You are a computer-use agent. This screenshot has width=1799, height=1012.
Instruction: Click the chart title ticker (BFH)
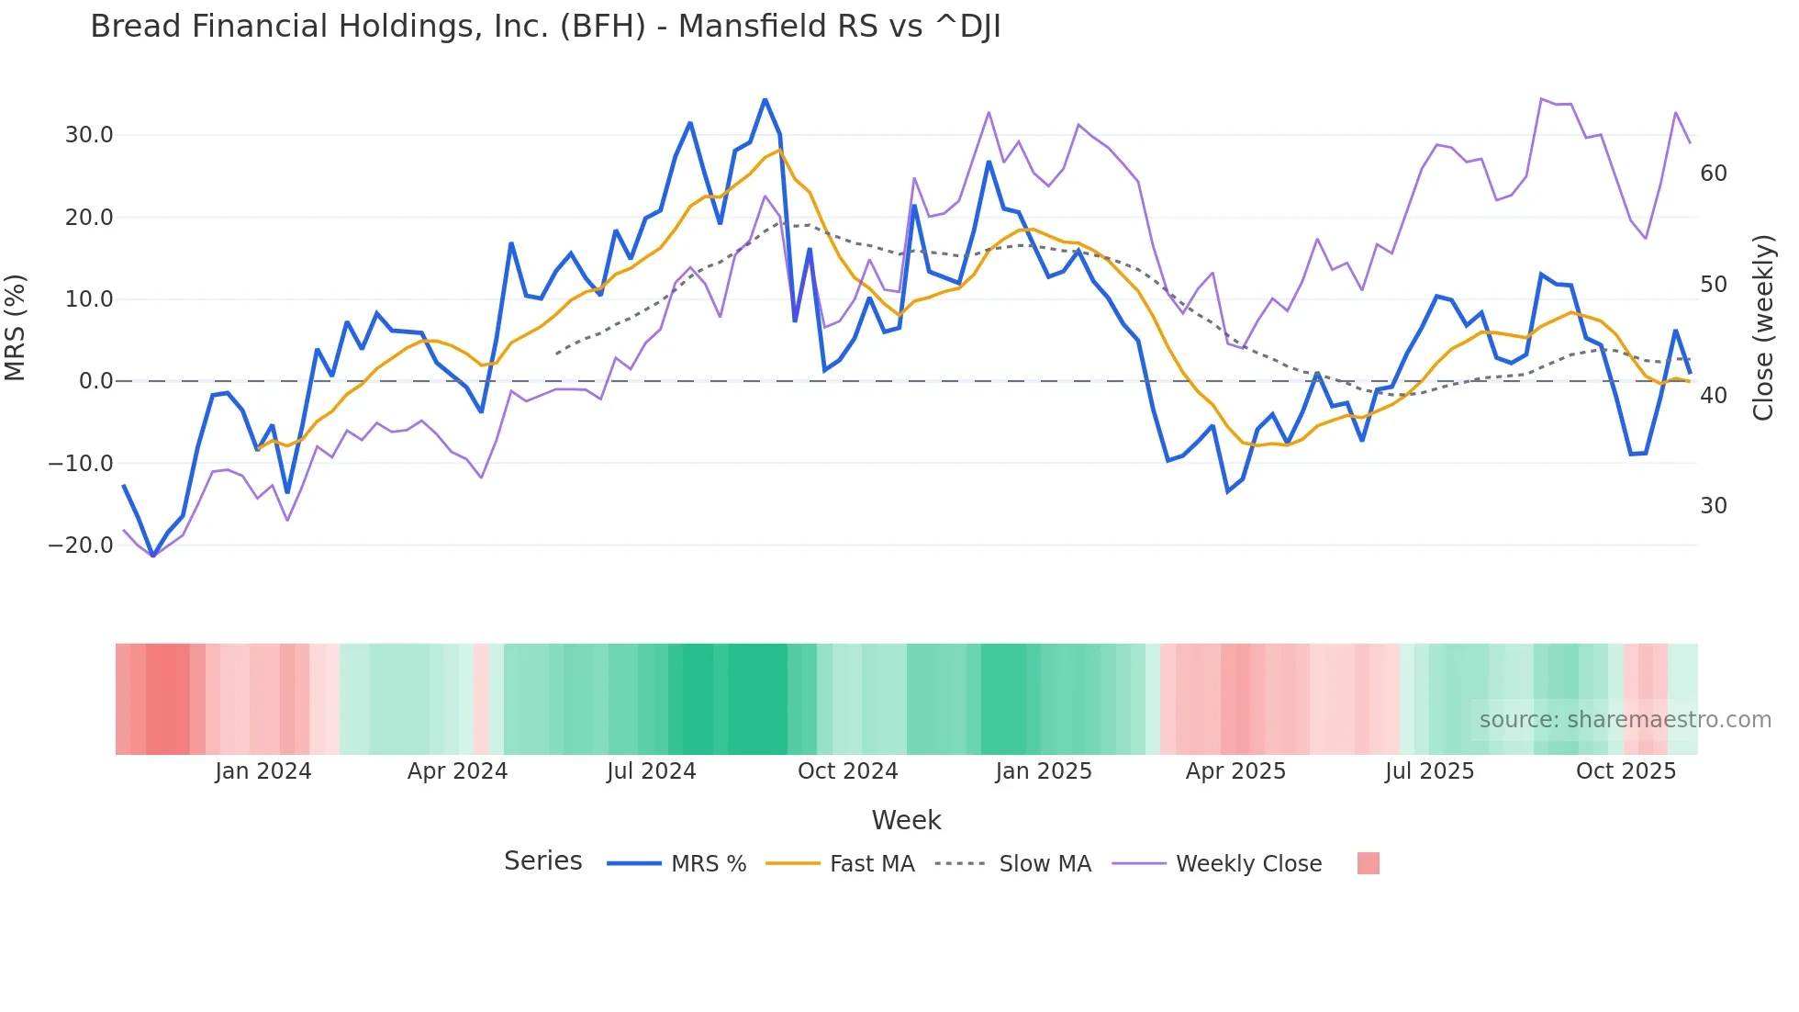click(602, 27)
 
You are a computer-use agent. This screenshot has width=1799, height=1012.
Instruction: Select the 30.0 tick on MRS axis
click(89, 135)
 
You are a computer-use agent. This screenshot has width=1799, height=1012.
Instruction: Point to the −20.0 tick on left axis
click(81, 545)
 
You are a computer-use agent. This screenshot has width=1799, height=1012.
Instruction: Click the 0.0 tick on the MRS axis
click(95, 381)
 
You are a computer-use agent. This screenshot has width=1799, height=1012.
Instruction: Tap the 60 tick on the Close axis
click(1713, 174)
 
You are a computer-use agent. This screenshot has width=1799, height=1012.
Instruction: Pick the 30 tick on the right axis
click(1713, 506)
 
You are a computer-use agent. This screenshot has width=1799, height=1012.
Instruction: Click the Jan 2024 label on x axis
click(263, 771)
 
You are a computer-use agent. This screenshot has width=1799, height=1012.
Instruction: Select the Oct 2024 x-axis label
click(847, 771)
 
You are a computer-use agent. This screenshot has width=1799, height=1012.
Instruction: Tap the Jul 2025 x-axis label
click(1429, 771)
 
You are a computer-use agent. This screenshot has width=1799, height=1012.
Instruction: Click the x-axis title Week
click(906, 820)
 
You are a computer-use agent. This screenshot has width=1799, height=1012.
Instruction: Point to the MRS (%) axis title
click(16, 328)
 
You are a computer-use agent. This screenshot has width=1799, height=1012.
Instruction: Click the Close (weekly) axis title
click(1762, 328)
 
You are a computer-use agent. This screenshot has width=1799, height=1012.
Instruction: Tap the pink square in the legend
click(1368, 863)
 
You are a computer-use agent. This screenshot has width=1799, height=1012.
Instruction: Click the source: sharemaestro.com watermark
click(1625, 720)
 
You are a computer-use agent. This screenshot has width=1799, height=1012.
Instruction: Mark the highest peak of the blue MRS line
click(765, 99)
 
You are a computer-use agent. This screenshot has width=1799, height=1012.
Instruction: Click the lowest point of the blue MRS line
click(152, 556)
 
